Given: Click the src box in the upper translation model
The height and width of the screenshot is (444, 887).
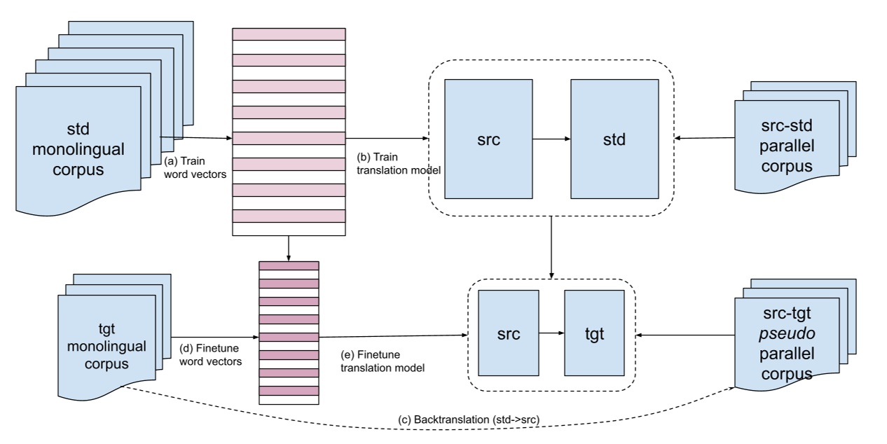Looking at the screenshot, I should click(488, 139).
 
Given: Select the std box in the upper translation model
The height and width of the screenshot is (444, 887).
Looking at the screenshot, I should click(614, 139).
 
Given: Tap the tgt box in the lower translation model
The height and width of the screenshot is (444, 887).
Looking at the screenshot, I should click(593, 333).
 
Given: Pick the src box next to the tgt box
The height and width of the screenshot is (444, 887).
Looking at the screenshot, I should click(508, 333).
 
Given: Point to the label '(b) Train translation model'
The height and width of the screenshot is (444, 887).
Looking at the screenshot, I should click(396, 162).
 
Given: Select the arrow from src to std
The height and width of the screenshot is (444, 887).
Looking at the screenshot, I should click(551, 139).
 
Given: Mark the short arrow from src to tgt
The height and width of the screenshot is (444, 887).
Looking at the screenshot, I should click(551, 334).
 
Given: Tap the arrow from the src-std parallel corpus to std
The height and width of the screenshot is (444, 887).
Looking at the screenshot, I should click(704, 139).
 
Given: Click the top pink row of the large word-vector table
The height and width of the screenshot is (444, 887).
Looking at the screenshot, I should click(288, 34).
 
